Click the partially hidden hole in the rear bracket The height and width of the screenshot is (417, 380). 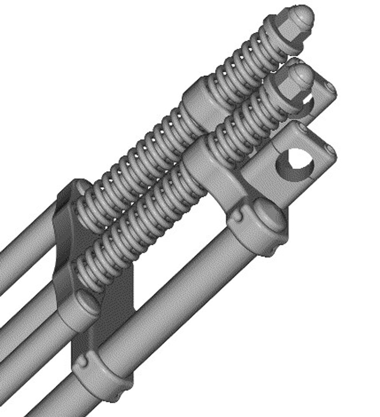click(308, 103)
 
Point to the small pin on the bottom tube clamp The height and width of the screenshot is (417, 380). click(82, 362)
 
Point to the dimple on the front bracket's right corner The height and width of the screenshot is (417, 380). click(329, 148)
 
